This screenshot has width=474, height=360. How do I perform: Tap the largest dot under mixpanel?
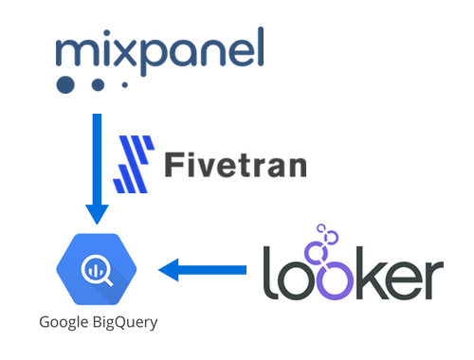click(x=64, y=86)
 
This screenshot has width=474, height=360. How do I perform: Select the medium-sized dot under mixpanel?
click(x=97, y=85)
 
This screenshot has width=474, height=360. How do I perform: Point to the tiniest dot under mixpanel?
click(x=123, y=85)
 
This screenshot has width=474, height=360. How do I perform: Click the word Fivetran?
click(x=235, y=165)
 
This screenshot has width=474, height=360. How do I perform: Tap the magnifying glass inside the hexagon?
click(x=98, y=269)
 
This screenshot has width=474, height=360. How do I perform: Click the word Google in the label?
click(x=64, y=322)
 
